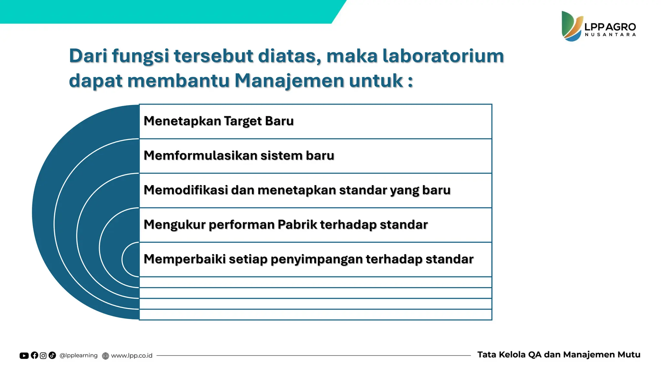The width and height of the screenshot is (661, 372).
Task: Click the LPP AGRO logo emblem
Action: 572,26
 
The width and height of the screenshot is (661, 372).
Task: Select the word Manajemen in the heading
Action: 289,80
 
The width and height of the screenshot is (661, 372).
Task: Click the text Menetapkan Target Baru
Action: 219,121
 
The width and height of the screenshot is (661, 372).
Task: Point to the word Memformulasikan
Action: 200,156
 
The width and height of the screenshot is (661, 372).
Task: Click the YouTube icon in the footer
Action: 24,356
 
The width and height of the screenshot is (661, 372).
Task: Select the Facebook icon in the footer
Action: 34,356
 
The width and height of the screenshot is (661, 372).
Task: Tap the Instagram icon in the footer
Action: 43,356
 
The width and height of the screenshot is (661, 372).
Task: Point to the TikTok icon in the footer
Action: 52,356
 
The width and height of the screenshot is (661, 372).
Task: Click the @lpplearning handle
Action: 78,356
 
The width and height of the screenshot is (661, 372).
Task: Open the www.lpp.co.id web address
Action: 132,356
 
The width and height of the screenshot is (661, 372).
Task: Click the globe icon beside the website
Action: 106,356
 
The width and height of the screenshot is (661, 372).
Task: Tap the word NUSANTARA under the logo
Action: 610,35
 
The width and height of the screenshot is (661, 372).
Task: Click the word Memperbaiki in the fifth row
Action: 185,259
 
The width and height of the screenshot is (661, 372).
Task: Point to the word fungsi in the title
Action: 140,56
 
